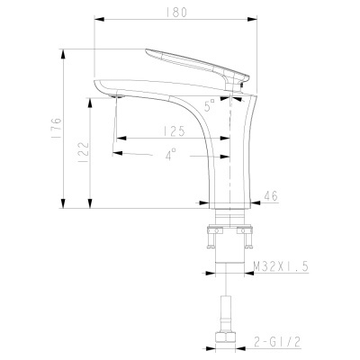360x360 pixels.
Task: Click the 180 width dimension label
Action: coord(176,13)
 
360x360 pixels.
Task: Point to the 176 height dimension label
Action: coord(57,128)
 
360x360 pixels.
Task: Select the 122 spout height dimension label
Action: coord(84,152)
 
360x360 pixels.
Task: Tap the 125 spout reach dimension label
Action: coord(175,131)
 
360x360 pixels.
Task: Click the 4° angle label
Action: coord(170,155)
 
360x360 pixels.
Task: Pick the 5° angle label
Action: coord(210,105)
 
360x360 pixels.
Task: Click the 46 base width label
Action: coord(271,196)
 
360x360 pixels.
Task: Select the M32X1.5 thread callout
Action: coord(281,266)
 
